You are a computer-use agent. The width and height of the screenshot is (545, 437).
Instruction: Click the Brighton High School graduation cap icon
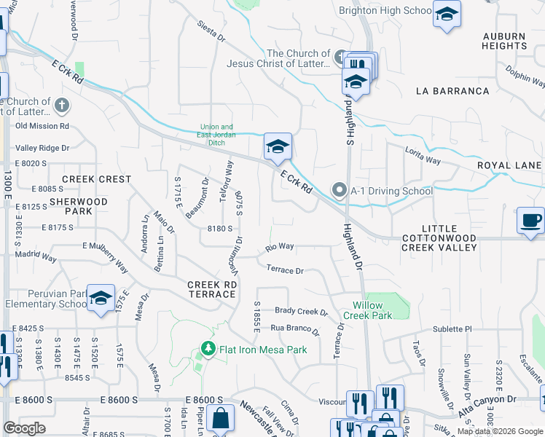click(446, 14)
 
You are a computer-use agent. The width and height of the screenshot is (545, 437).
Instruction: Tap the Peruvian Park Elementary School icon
click(101, 298)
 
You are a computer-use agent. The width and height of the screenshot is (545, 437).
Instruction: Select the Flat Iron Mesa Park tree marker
click(208, 350)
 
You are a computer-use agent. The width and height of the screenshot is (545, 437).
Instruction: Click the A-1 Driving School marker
click(339, 191)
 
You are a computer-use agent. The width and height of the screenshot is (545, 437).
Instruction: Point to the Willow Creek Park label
click(372, 310)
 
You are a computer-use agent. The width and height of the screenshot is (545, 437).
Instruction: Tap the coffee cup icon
click(531, 219)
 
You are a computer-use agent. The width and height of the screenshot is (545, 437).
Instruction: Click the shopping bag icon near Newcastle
click(220, 419)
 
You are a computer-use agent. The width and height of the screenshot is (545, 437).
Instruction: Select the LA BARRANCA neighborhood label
click(452, 91)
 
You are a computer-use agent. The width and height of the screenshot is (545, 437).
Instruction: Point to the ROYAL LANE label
click(510, 165)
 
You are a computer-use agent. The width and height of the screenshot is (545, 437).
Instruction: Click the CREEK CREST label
click(97, 179)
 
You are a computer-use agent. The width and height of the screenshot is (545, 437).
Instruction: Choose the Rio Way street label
click(280, 247)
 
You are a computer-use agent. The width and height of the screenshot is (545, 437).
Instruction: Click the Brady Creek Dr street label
click(301, 311)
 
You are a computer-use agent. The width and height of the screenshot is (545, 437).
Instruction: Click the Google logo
click(24, 428)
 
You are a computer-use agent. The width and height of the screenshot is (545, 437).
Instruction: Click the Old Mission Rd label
click(42, 125)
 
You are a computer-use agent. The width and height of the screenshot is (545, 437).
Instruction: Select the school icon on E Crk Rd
click(278, 147)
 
